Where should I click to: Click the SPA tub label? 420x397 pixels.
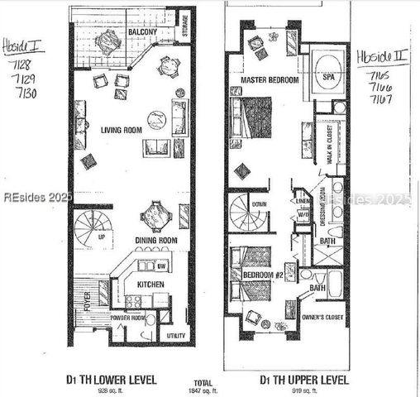328,76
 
